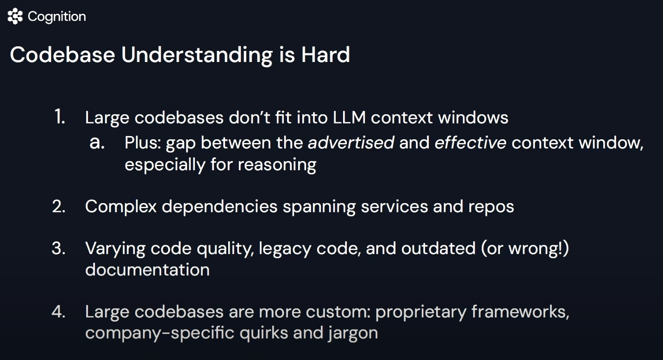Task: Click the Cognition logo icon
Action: (15, 16)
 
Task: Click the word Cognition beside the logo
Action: (57, 17)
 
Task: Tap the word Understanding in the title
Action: (197, 56)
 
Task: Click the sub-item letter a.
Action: (97, 143)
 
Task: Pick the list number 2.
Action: (59, 206)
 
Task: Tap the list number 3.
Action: (59, 248)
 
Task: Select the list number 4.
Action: (59, 311)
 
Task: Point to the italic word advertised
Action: (351, 143)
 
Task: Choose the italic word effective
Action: (470, 143)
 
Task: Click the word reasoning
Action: (277, 165)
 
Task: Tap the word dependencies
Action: (219, 206)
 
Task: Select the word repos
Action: (491, 207)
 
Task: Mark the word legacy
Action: (285, 249)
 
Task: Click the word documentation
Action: (147, 269)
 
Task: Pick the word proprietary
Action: (420, 312)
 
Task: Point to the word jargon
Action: (353, 334)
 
